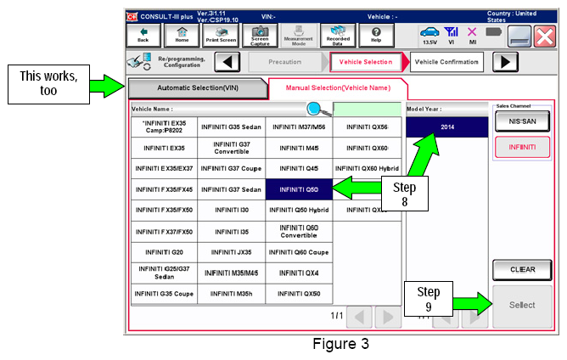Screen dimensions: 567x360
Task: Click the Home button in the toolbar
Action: coord(182,35)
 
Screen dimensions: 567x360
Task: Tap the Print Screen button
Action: coord(221,35)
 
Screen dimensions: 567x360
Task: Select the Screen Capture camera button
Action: coord(260,35)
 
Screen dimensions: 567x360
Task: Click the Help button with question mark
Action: coord(376,35)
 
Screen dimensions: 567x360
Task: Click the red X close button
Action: coord(545,37)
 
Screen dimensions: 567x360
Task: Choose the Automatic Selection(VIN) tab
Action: coord(198,88)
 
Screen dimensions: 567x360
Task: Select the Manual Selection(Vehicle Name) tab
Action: coord(338,88)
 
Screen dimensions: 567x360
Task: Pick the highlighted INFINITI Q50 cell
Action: coord(299,189)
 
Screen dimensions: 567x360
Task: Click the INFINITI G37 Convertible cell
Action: coord(232,148)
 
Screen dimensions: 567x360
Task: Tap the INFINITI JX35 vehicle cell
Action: coord(232,252)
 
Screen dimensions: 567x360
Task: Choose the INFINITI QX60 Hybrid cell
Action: coord(367,169)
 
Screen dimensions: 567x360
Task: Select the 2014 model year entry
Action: coord(447,127)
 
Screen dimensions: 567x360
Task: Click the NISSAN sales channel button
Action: coord(522,121)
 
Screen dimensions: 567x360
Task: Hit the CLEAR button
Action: coord(522,270)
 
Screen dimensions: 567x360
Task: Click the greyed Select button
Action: coord(522,306)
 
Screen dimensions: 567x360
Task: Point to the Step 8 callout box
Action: coord(405,194)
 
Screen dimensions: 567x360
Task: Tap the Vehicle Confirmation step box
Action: coord(446,62)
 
